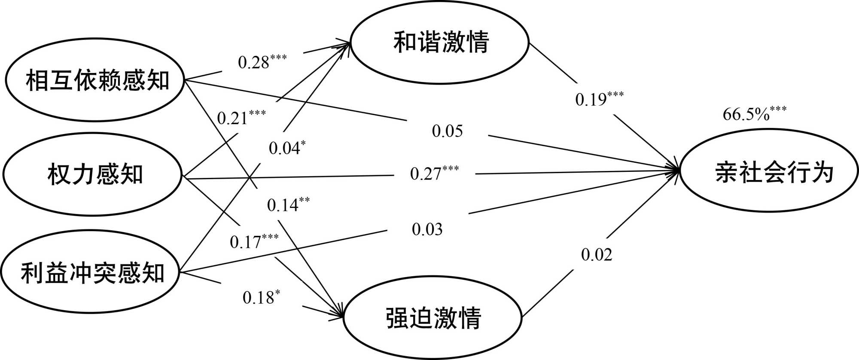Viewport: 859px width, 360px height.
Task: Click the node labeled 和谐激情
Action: pyautogui.click(x=441, y=42)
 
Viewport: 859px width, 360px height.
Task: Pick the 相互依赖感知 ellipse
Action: pyautogui.click(x=95, y=80)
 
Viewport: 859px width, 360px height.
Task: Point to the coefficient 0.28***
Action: pyautogui.click(x=262, y=62)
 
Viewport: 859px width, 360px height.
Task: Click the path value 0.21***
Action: pyautogui.click(x=241, y=117)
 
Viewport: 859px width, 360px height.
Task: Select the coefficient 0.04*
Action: pyautogui.click(x=287, y=147)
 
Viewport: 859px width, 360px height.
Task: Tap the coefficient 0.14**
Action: pyautogui.click(x=288, y=204)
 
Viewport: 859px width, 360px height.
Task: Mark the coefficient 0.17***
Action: pyautogui.click(x=254, y=241)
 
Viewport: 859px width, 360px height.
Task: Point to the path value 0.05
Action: pyautogui.click(x=447, y=131)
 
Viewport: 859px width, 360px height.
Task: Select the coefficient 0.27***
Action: pyautogui.click(x=434, y=173)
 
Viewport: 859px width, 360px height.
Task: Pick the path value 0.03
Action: pyautogui.click(x=427, y=229)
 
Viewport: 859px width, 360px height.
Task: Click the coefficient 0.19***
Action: pyautogui.click(x=599, y=99)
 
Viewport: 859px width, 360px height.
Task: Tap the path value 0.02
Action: pyautogui.click(x=596, y=254)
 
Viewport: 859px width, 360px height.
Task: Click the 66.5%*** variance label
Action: pyautogui.click(x=754, y=114)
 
